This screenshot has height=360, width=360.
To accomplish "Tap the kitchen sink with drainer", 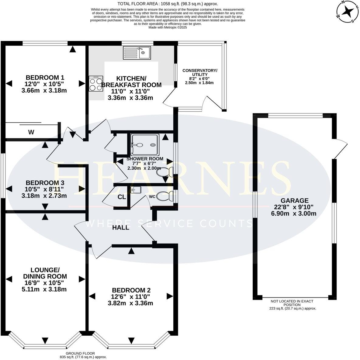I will (137, 53).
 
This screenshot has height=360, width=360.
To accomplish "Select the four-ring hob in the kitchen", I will (96, 84).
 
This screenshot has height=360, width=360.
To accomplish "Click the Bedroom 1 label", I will (45, 77).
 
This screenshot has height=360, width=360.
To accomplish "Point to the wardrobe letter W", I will (31, 132).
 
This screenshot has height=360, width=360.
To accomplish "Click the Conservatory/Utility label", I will (200, 72).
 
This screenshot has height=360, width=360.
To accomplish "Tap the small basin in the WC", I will (136, 190).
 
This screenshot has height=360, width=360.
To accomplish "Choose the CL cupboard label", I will (122, 197).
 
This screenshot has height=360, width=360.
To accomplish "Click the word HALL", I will (121, 227).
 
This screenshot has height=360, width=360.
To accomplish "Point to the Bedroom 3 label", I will (45, 183).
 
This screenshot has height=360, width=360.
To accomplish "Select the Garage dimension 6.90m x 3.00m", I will (294, 213).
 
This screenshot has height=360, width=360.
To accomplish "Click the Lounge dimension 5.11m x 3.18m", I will (44, 289).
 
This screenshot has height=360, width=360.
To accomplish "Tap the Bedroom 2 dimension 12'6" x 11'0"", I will (130, 297).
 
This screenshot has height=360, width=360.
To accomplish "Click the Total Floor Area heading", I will (168, 4).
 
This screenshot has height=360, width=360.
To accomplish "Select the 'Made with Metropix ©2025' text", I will (168, 27).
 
